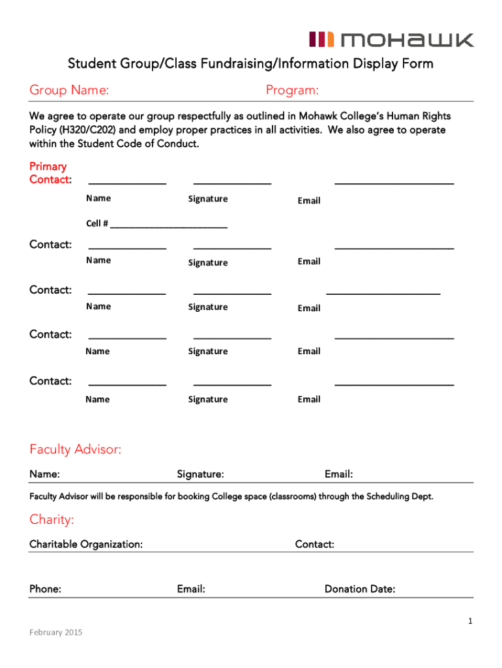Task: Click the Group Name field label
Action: point(68,90)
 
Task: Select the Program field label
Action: point(292,90)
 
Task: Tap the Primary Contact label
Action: point(50,173)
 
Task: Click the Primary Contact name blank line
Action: point(127,183)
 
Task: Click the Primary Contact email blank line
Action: point(394,183)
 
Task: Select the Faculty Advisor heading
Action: point(75,449)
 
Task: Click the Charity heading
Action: point(52,520)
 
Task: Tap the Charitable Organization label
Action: point(86,544)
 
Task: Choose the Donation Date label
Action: point(360,589)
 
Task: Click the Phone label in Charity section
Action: point(46,589)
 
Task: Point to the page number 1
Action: point(469,622)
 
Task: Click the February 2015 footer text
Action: point(56,632)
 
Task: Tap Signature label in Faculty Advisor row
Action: point(200,474)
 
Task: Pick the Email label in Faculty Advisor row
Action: point(338,474)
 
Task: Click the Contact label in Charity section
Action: point(314,544)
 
